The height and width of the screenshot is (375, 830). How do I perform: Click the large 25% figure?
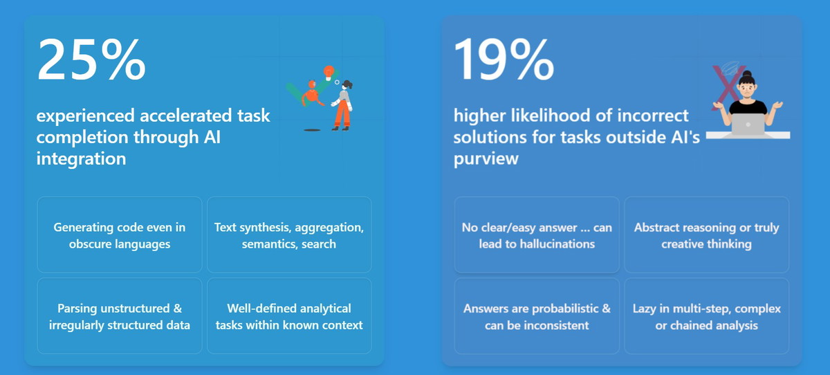coord(91,59)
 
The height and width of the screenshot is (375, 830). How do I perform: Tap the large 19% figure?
coord(504,59)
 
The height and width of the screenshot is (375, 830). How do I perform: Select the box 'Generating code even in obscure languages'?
coord(119,235)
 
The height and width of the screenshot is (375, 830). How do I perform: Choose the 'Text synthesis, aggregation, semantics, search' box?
coord(289,235)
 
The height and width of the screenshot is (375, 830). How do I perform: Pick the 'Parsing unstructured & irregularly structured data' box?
coord(119,316)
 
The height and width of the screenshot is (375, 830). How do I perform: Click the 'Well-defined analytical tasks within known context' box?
coord(289,316)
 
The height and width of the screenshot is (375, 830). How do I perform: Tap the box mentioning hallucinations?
coord(537,235)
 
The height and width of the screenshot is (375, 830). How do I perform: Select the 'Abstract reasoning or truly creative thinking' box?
coord(707,235)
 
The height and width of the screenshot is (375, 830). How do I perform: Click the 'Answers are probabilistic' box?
coord(537,316)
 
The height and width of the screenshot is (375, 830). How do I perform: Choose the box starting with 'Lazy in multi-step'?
coord(707,316)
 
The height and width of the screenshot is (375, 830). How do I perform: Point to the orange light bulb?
coord(329,73)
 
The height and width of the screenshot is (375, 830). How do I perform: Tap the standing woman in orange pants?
coord(343,106)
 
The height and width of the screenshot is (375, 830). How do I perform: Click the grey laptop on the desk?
coord(748,125)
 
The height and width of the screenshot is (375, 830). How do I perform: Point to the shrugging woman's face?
coord(747,90)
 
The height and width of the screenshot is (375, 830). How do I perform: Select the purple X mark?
coord(727,87)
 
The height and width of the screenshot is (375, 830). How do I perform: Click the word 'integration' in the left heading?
coord(81,158)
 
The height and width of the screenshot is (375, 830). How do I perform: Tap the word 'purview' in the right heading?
coord(486,159)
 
